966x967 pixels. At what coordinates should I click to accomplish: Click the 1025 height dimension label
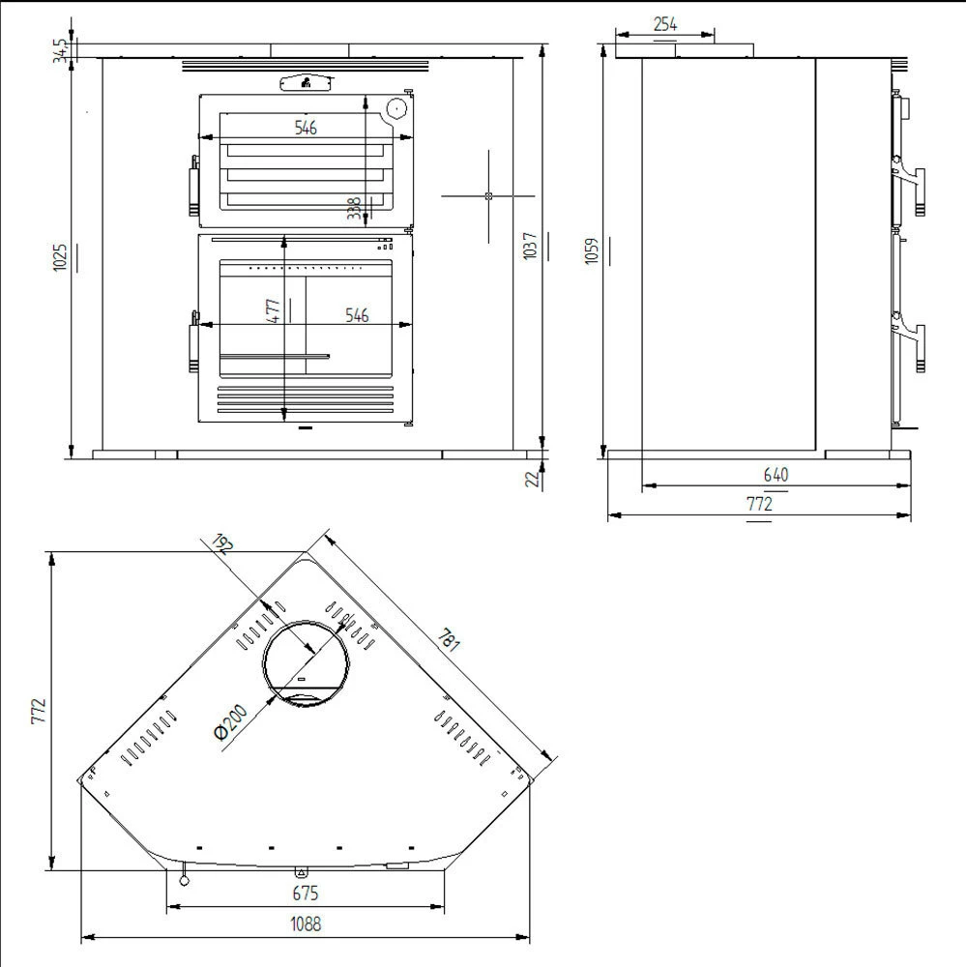(60, 256)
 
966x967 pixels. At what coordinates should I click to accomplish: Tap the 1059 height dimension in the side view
(593, 251)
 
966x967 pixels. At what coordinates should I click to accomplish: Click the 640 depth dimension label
(776, 474)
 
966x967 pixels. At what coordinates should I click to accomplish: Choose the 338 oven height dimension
(354, 208)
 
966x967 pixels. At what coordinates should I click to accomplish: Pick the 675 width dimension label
(305, 894)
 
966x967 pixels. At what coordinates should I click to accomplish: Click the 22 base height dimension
(532, 478)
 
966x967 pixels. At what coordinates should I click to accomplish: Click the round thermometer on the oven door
(395, 109)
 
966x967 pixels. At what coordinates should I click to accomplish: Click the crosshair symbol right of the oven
(488, 196)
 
